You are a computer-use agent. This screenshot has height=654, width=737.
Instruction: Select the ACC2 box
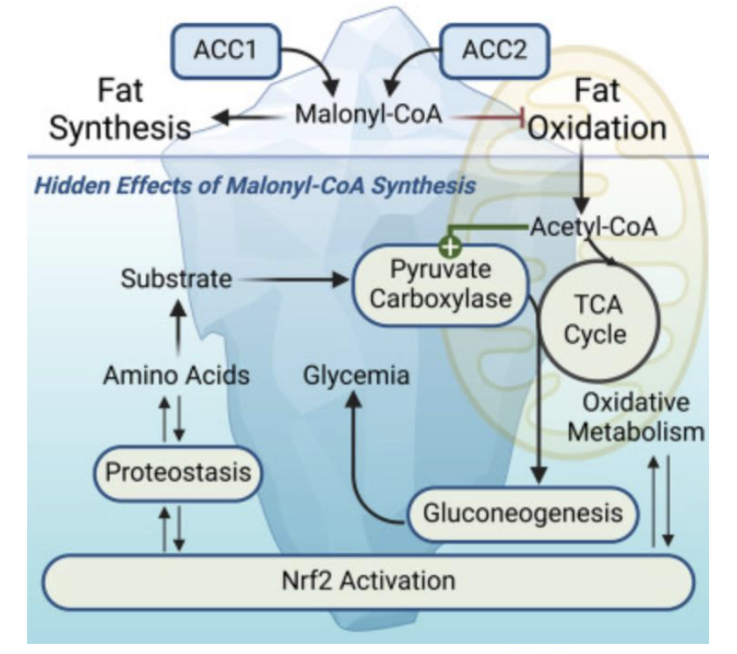495,50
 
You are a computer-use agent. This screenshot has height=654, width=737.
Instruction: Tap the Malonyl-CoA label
368,115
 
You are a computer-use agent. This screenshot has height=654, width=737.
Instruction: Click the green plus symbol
451,246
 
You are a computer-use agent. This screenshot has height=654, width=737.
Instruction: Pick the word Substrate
176,278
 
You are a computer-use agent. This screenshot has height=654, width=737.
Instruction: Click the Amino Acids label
176,374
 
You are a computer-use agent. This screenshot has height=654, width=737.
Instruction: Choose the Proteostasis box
176,470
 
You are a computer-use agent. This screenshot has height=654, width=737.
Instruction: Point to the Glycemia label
356,374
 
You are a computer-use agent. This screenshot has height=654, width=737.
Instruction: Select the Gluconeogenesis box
521,512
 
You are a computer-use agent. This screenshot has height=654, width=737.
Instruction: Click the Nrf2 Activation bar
368,581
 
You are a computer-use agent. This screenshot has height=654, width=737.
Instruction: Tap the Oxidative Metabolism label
636,416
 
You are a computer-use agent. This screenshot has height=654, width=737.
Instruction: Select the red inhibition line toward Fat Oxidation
489,116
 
